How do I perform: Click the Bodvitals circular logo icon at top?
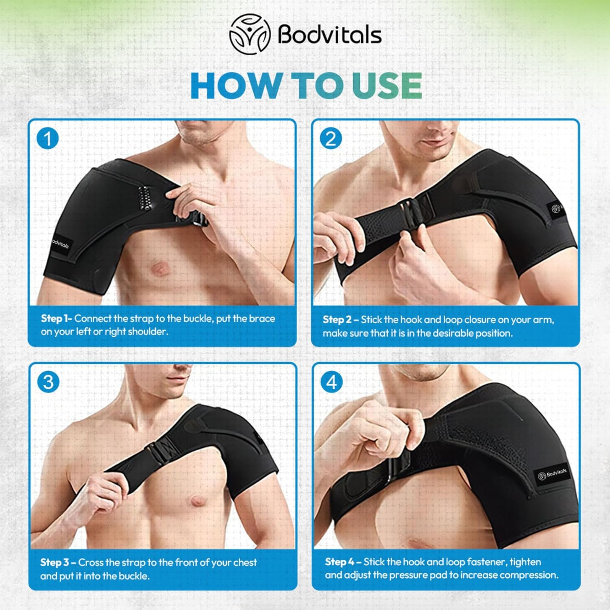[250, 34]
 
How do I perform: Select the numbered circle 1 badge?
[48, 139]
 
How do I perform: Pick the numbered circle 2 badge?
[331, 139]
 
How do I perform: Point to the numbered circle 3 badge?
[48, 382]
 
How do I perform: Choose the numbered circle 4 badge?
[331, 382]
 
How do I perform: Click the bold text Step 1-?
[56, 318]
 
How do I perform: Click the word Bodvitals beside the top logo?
[329, 34]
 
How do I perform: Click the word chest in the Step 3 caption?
[245, 562]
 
